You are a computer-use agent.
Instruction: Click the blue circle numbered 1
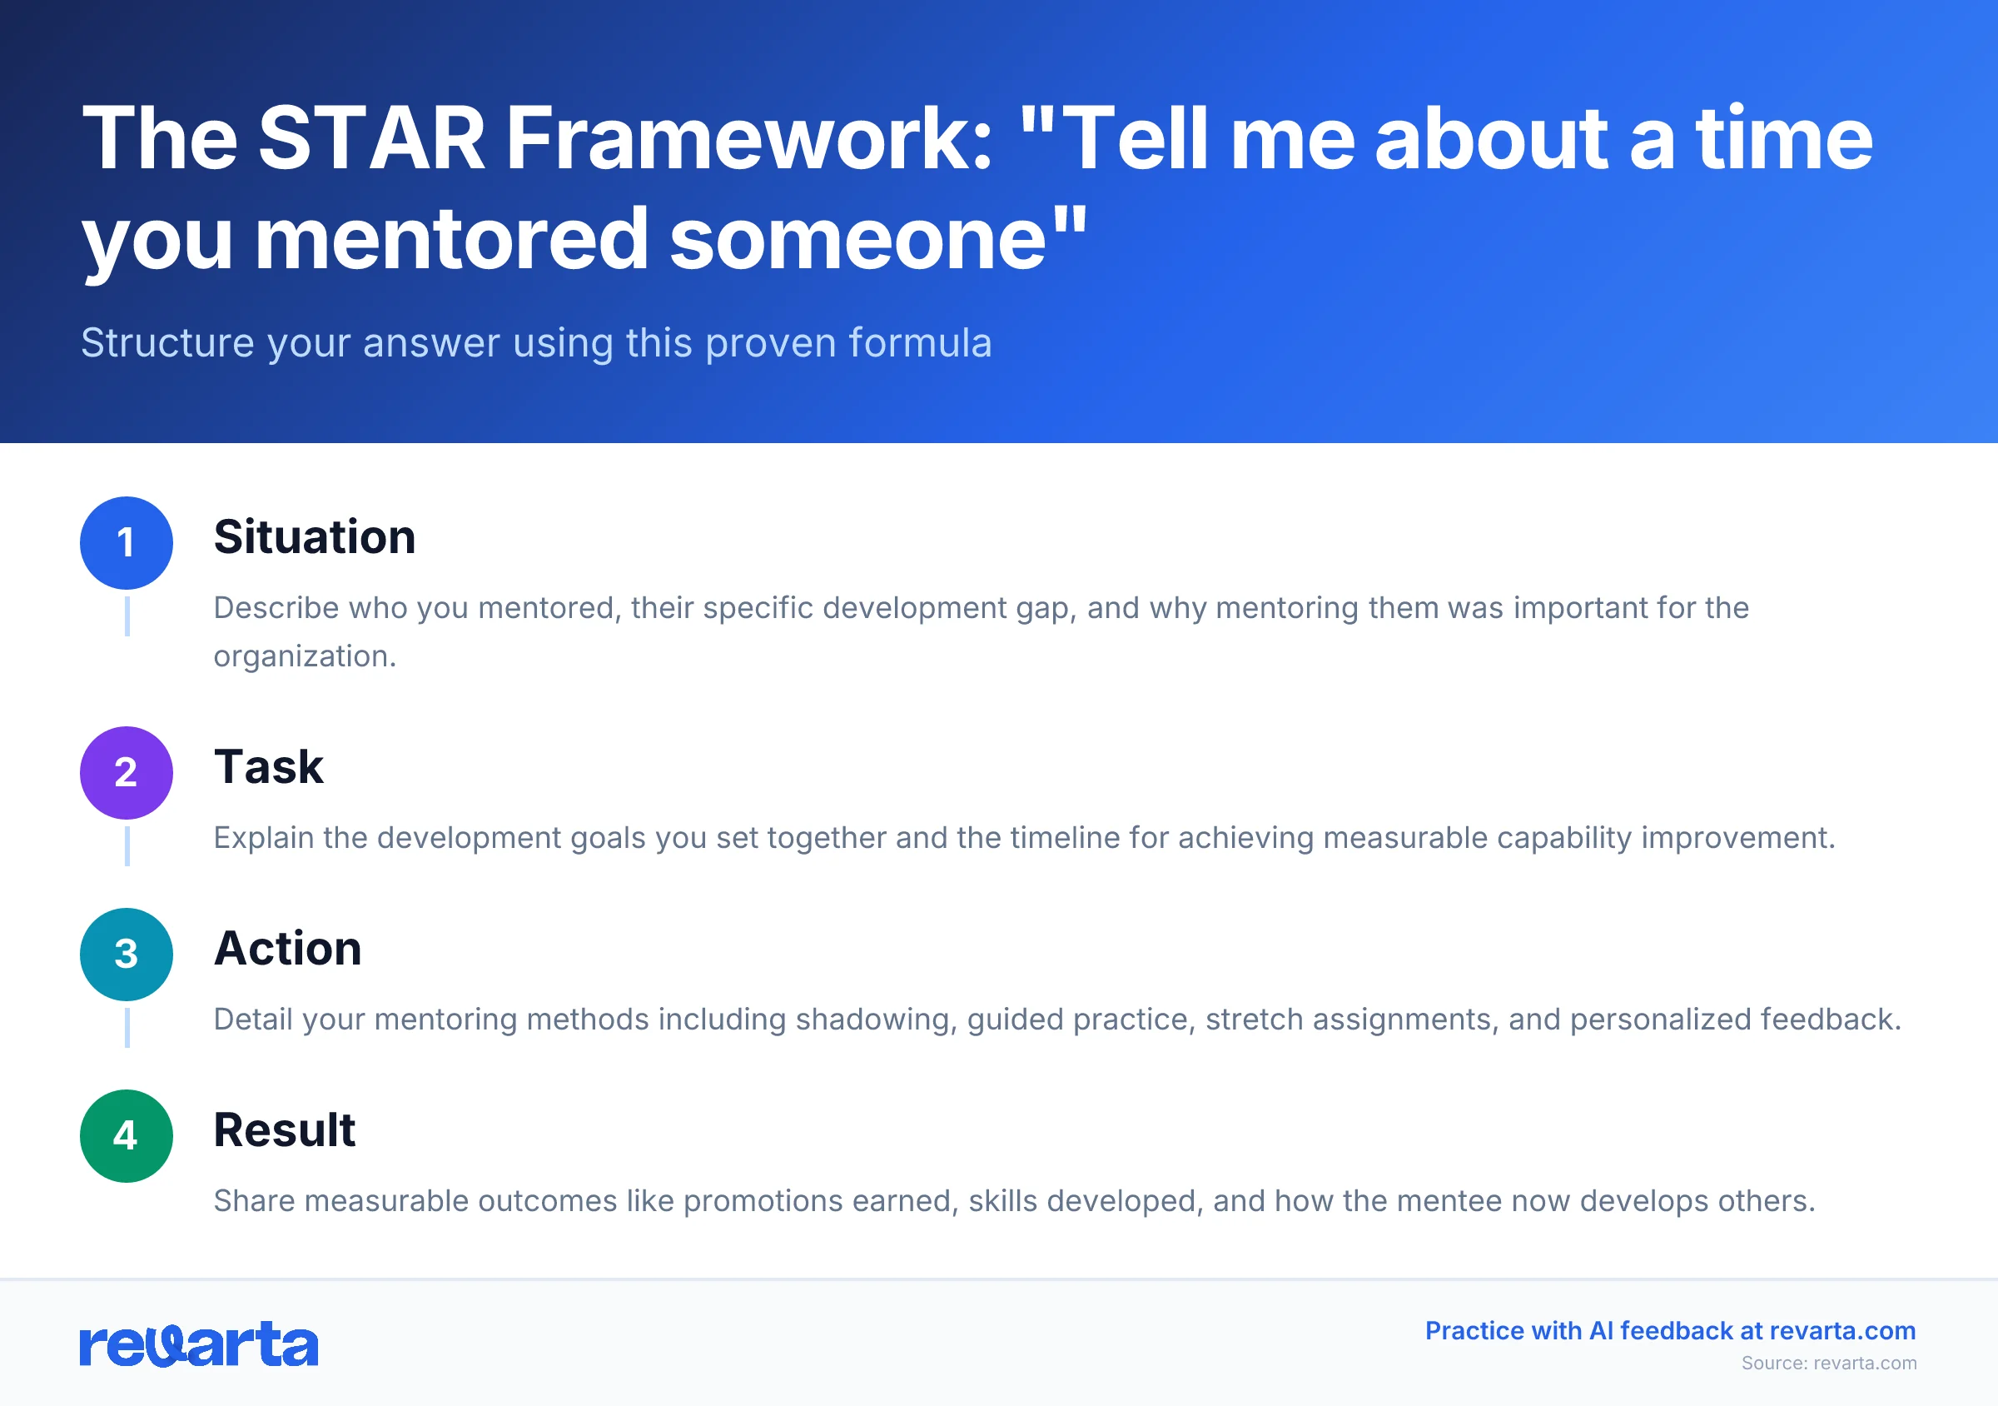point(127,543)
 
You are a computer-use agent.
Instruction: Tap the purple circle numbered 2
point(127,773)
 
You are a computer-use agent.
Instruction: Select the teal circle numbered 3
point(127,955)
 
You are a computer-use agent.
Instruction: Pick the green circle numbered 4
point(127,1136)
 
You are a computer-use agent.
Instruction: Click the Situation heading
point(314,537)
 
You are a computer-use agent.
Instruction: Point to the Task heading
point(268,767)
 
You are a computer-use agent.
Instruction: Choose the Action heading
point(287,948)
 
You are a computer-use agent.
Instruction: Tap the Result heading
point(285,1130)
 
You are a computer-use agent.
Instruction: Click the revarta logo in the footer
point(198,1344)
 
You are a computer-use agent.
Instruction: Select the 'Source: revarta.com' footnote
point(1828,1364)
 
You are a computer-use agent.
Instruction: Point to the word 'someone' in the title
point(858,239)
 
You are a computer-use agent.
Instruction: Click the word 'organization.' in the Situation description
point(305,656)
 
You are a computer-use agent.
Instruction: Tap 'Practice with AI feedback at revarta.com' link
point(1670,1331)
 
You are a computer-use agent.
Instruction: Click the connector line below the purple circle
point(127,845)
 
